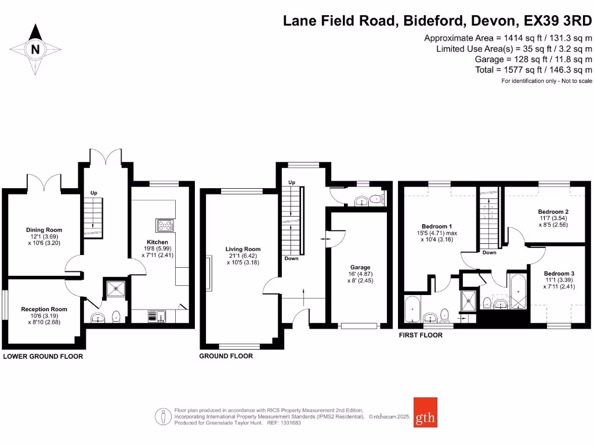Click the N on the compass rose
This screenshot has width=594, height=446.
coord(35,49)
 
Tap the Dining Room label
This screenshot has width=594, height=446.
coord(44,230)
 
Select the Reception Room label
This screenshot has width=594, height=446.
coord(44,310)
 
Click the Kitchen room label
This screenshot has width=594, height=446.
coord(157,242)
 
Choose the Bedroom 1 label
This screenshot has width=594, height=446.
coord(436,226)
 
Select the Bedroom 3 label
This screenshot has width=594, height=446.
coord(559,274)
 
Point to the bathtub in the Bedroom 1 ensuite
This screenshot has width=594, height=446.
coord(412,310)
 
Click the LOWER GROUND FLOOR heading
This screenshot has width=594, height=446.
coord(44,357)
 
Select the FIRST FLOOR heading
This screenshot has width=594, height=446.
coord(421,335)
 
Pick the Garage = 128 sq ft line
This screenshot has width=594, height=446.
coord(533,59)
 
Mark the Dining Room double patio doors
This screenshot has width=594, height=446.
coord(44,182)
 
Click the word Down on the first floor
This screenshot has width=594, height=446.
coord(489,253)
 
